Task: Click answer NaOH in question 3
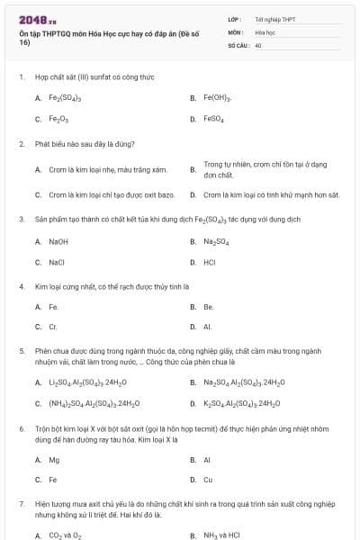pyautogui.click(x=58, y=241)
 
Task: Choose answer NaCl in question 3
pyautogui.click(x=57, y=262)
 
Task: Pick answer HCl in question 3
pyautogui.click(x=209, y=262)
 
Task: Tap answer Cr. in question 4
pyautogui.click(x=53, y=327)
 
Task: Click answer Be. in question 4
pyautogui.click(x=208, y=306)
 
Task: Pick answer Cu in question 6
pyautogui.click(x=208, y=480)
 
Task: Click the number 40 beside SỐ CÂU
pyautogui.click(x=258, y=43)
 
